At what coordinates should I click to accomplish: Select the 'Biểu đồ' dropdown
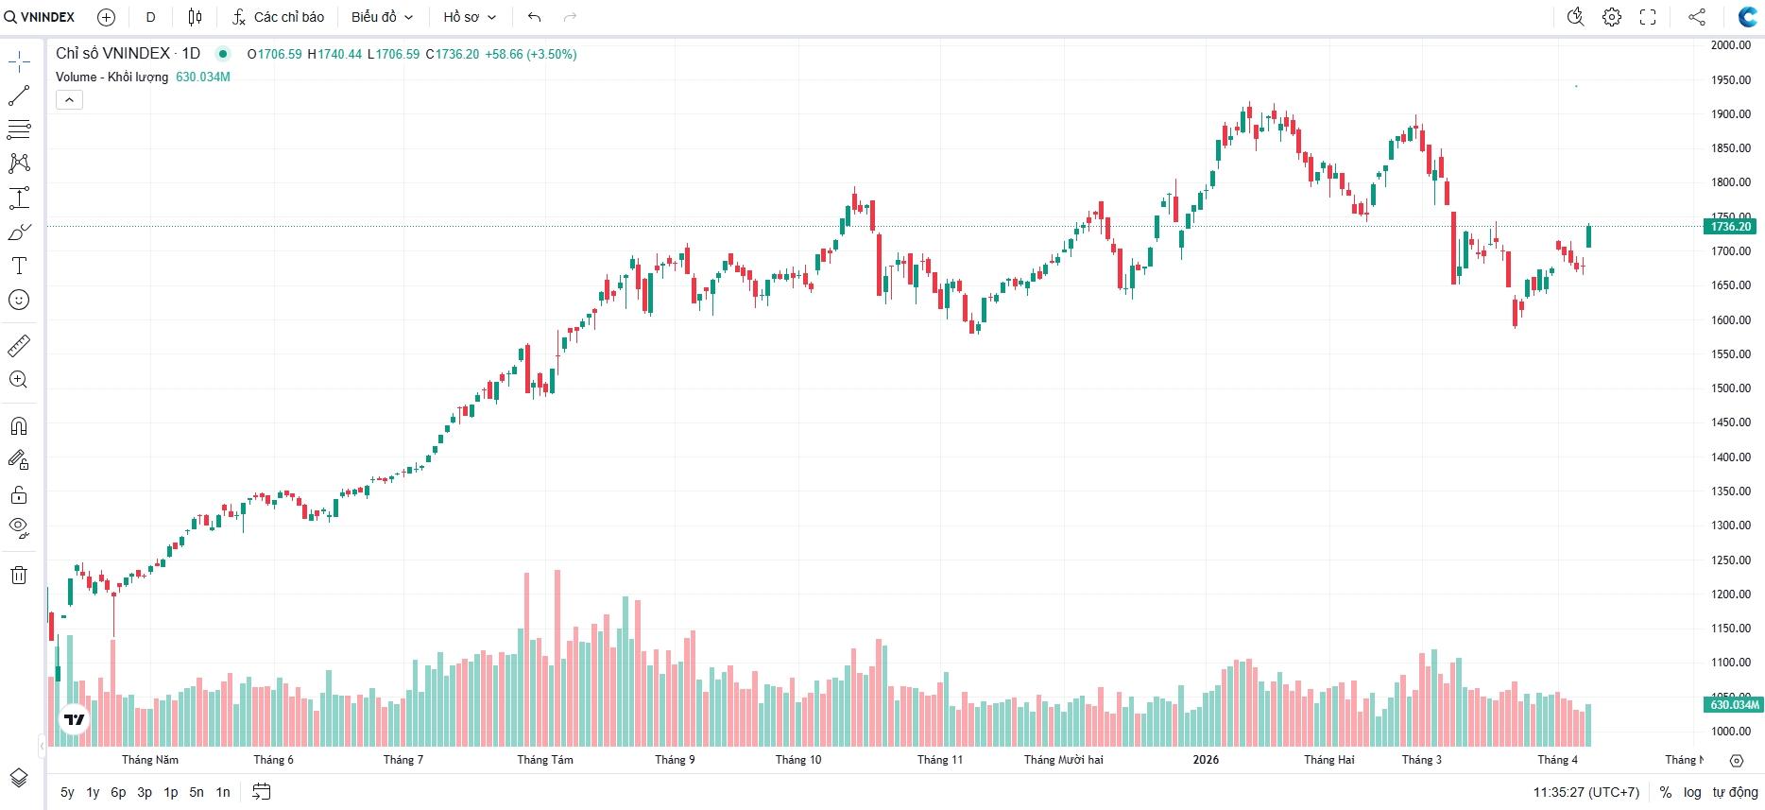pyautogui.click(x=382, y=17)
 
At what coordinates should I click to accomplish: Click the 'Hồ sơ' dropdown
pyautogui.click(x=470, y=17)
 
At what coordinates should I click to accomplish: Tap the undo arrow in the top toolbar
pyautogui.click(x=535, y=17)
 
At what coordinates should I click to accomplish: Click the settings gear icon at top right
pyautogui.click(x=1612, y=17)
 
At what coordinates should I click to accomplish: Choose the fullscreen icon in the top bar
pyautogui.click(x=1648, y=17)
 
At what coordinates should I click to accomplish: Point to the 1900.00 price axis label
pyautogui.click(x=1731, y=114)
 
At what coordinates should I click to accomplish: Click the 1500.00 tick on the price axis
pyautogui.click(x=1731, y=388)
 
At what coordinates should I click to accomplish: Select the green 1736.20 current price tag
pyautogui.click(x=1731, y=227)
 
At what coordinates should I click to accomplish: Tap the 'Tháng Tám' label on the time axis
pyautogui.click(x=545, y=760)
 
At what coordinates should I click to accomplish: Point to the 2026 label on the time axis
pyautogui.click(x=1206, y=760)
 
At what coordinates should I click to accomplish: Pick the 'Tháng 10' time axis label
pyautogui.click(x=798, y=760)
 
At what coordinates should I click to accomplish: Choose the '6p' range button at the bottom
pyautogui.click(x=118, y=792)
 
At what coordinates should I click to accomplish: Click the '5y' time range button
pyautogui.click(x=67, y=792)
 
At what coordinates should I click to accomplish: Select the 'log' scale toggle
pyautogui.click(x=1692, y=792)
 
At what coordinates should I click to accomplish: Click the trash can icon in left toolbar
pyautogui.click(x=19, y=576)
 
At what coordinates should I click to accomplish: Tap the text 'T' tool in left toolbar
pyautogui.click(x=19, y=266)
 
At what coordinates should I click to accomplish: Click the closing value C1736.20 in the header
pyautogui.click(x=453, y=54)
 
